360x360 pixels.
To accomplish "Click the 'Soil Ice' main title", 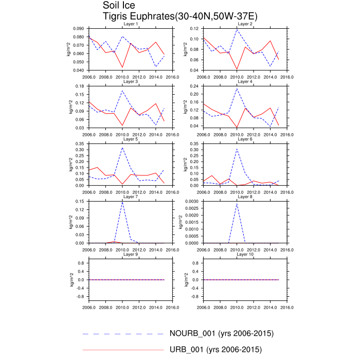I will (x=119, y=6).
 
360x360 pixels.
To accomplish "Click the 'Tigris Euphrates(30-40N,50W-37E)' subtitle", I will (x=180, y=16).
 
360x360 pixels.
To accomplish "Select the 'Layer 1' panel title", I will (x=130, y=24).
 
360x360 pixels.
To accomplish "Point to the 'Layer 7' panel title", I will (x=130, y=197).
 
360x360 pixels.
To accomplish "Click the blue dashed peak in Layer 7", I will (x=122, y=201).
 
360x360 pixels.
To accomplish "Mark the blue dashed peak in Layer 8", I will (x=237, y=204).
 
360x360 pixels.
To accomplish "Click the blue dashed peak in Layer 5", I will (x=122, y=148).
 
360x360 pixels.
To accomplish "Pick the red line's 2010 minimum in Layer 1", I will (x=122, y=68).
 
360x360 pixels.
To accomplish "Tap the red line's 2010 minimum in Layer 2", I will (x=237, y=69).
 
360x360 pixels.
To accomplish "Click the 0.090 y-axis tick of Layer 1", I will (x=79, y=29).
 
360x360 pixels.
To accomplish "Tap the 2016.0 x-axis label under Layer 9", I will (x=172, y=309).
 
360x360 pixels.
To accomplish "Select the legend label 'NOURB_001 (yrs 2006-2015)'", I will (x=221, y=333).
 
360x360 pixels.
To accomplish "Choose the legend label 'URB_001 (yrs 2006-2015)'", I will (x=216, y=350).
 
